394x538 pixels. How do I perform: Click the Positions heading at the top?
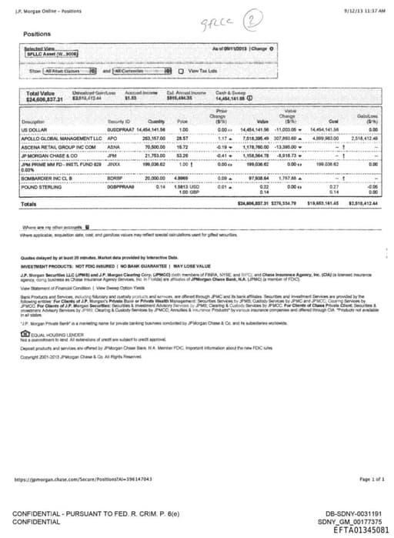[37, 35]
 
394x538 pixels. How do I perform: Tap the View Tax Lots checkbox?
[171, 71]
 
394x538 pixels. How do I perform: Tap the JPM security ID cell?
[113, 154]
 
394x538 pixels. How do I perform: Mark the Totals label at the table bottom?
[29, 204]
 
